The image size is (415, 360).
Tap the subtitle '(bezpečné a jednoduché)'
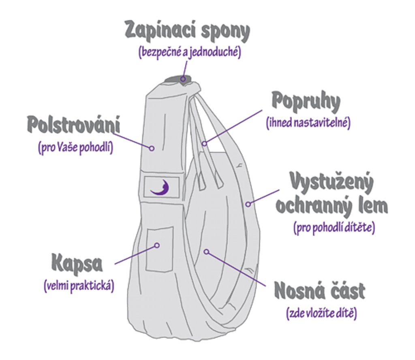click(x=190, y=53)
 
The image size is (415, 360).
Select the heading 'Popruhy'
click(x=305, y=102)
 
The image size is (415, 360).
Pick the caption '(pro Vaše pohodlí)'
click(x=75, y=147)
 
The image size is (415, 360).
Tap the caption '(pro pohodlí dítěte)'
click(x=334, y=228)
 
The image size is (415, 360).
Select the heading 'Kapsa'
click(x=77, y=264)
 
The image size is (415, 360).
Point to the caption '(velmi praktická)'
click(x=79, y=286)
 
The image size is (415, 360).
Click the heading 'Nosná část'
click(x=319, y=291)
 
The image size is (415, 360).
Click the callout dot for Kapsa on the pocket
click(x=157, y=245)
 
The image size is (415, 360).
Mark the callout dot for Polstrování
click(x=152, y=148)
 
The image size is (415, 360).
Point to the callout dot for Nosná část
click(x=206, y=251)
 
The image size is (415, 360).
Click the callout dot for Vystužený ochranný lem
click(x=248, y=204)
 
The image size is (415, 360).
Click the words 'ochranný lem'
click(x=331, y=206)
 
